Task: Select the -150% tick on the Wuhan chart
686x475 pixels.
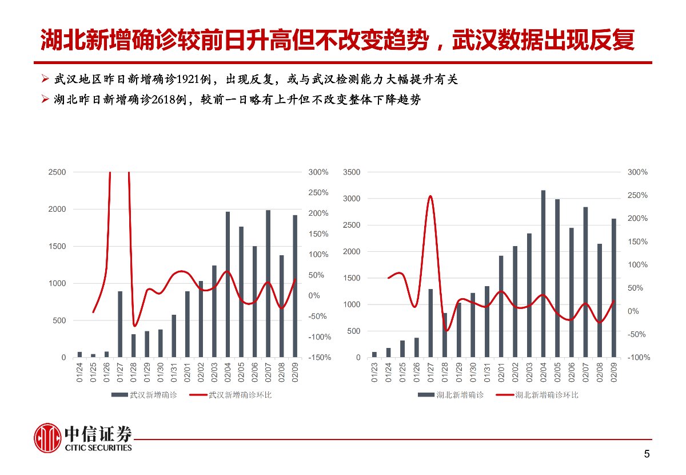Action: click(x=318, y=358)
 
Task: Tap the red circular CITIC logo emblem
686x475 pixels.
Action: click(x=47, y=438)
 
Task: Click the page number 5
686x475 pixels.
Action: click(x=647, y=454)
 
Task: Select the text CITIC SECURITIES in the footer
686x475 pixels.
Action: click(x=98, y=448)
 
